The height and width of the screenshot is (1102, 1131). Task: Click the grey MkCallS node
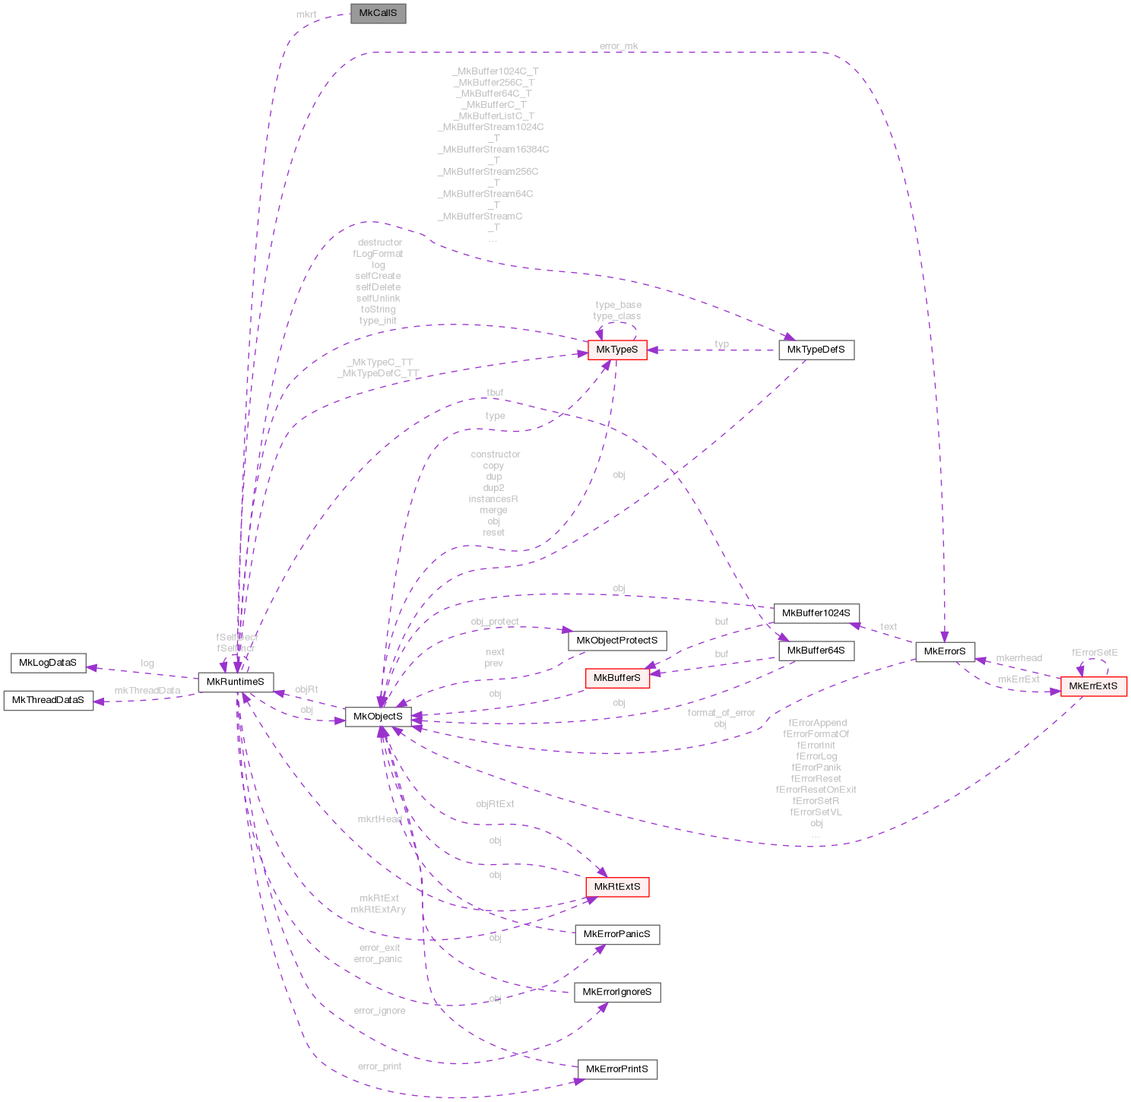click(378, 14)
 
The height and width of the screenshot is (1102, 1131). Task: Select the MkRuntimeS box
click(235, 682)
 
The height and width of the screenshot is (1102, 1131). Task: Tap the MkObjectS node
click(378, 716)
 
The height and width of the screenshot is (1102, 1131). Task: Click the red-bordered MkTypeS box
click(616, 350)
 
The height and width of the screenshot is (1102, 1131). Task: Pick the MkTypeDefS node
click(816, 350)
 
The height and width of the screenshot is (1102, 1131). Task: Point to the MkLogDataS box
click(48, 663)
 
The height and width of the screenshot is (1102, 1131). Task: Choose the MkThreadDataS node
click(48, 700)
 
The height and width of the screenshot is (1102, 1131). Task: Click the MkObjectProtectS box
click(616, 641)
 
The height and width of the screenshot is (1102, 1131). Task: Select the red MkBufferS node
click(616, 678)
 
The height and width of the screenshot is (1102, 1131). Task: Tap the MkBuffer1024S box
click(816, 613)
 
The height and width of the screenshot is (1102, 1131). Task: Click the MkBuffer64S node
click(816, 651)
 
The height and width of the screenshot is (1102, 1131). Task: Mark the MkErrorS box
click(945, 651)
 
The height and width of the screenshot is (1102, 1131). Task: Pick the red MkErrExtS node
click(1093, 686)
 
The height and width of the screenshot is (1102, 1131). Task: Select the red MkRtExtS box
click(616, 887)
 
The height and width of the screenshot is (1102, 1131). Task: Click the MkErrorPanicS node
click(616, 934)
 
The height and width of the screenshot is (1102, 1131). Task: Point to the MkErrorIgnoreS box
click(616, 992)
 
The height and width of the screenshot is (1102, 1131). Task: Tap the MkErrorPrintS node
click(616, 1069)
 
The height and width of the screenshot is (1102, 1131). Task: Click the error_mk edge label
click(619, 46)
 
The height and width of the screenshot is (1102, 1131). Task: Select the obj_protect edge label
click(495, 622)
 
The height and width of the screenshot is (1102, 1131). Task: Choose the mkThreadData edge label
click(147, 691)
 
